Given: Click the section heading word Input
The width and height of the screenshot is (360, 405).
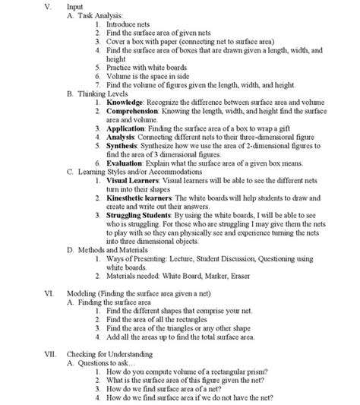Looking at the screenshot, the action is click(x=77, y=5).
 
